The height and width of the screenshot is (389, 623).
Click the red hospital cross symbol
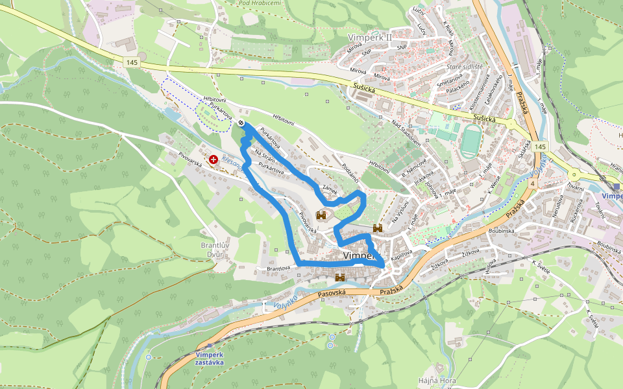pyautogui.click(x=213, y=159)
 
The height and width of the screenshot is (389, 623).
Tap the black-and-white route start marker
pyautogui.click(x=241, y=123)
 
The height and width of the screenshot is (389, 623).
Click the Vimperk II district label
pyautogui.click(x=370, y=37)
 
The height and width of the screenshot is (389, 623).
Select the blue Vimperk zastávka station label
pyautogui.click(x=209, y=359)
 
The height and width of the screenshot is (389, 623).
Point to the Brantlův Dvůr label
pyautogui.click(x=215, y=249)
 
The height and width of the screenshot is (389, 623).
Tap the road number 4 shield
pyautogui.click(x=531, y=184)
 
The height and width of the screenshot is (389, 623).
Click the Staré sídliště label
pyautogui.click(x=465, y=67)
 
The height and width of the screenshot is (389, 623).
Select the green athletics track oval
pyautogui.click(x=470, y=140)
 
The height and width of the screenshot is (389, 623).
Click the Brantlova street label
pyautogui.click(x=277, y=268)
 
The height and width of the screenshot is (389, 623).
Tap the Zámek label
pyautogui.click(x=330, y=185)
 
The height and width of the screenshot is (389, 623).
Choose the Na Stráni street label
pyautogui.click(x=265, y=156)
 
